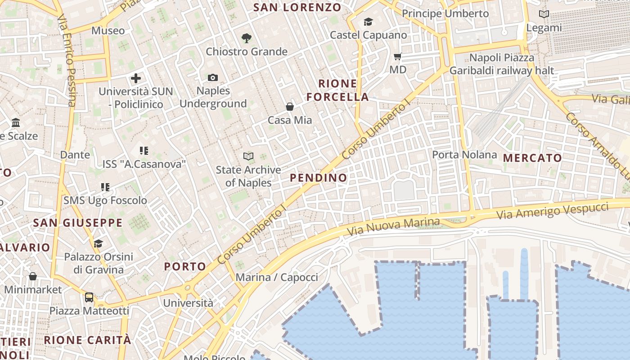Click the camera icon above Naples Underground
(x=213, y=78)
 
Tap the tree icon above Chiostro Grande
(x=246, y=38)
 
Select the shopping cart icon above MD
(x=397, y=57)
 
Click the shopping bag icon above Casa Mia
(x=290, y=107)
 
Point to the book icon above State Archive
(x=248, y=157)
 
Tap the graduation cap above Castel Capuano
(x=368, y=22)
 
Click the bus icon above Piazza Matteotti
(x=89, y=297)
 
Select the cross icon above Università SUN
(x=136, y=78)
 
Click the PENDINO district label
(x=319, y=178)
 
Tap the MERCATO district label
(x=532, y=158)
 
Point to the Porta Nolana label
(x=464, y=155)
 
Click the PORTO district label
(x=185, y=266)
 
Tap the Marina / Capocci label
(x=277, y=277)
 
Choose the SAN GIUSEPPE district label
(x=78, y=223)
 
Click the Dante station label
(x=75, y=155)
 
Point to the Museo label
(x=108, y=31)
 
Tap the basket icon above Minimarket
(x=33, y=276)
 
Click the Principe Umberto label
(x=445, y=14)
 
